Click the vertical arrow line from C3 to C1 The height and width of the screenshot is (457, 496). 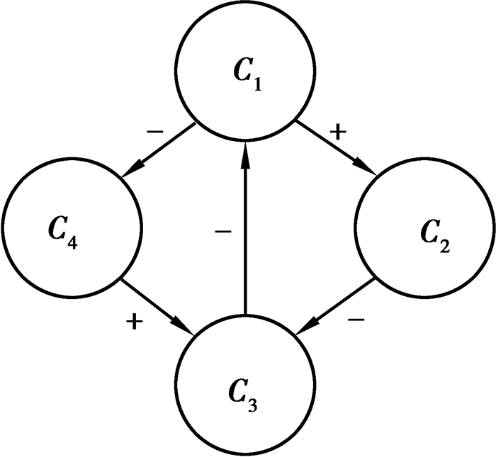click(244, 234)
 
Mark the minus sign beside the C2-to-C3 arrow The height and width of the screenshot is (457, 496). click(357, 320)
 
